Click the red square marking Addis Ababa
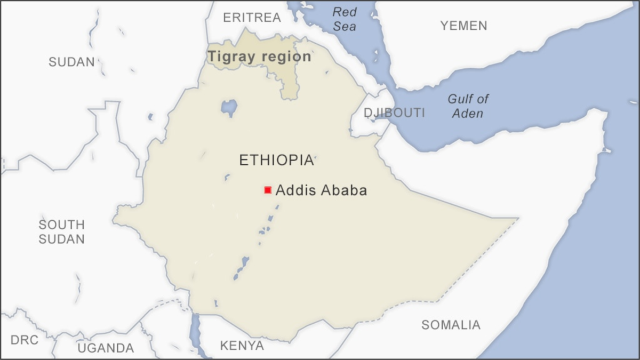pyautogui.click(x=268, y=190)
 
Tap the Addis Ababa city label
pyautogui.click(x=321, y=190)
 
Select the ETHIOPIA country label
pyautogui.click(x=276, y=160)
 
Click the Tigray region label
pyautogui.click(x=259, y=57)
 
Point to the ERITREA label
pyautogui.click(x=251, y=18)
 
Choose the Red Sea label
pyautogui.click(x=344, y=19)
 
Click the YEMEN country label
pyautogui.click(x=463, y=25)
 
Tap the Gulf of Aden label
pyautogui.click(x=468, y=106)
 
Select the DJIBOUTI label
pyautogui.click(x=394, y=113)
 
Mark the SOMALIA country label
pyautogui.click(x=451, y=324)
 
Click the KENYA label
pyautogui.click(x=242, y=346)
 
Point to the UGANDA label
pyautogui.click(x=106, y=348)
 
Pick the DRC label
pyautogui.click(x=24, y=340)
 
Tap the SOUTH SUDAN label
pyautogui.click(x=61, y=232)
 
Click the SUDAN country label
pyautogui.click(x=71, y=62)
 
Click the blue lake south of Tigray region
pyautogui.click(x=229, y=107)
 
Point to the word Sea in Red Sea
pyautogui.click(x=345, y=26)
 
